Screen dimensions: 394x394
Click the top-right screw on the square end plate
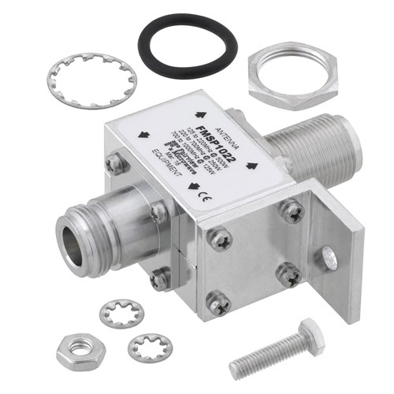pos(292,210)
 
